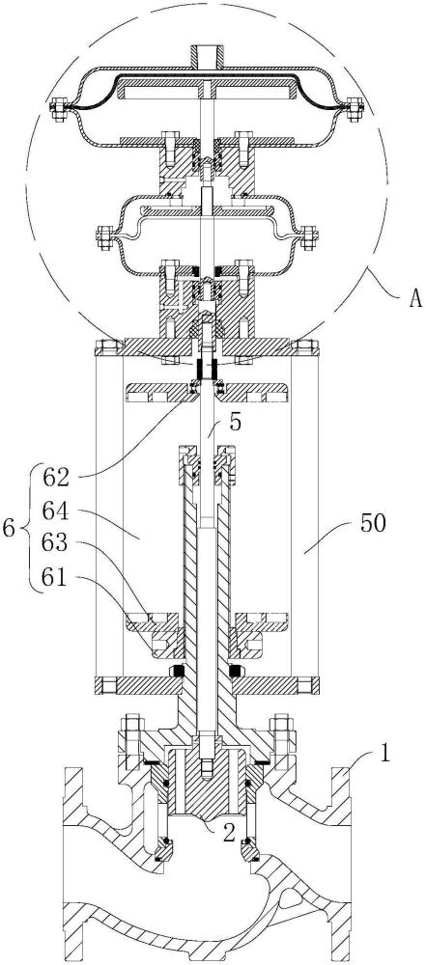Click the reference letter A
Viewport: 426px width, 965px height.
tap(414, 300)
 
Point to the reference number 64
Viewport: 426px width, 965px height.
tap(57, 510)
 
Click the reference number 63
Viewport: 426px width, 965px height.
tap(57, 544)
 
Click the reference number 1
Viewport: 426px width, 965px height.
tap(384, 755)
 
